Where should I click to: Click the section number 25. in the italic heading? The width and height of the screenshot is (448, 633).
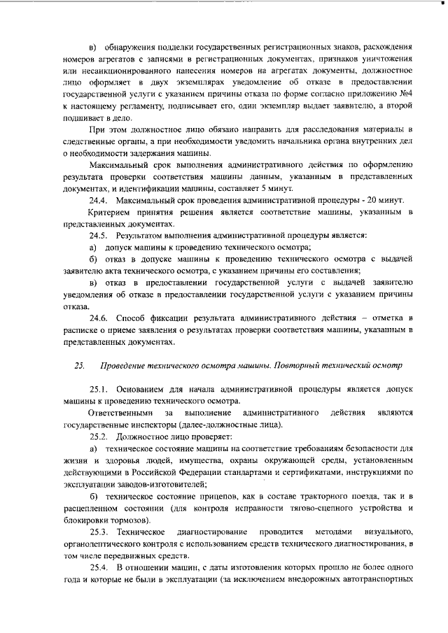(78, 365)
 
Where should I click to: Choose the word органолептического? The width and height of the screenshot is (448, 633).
(106, 545)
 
